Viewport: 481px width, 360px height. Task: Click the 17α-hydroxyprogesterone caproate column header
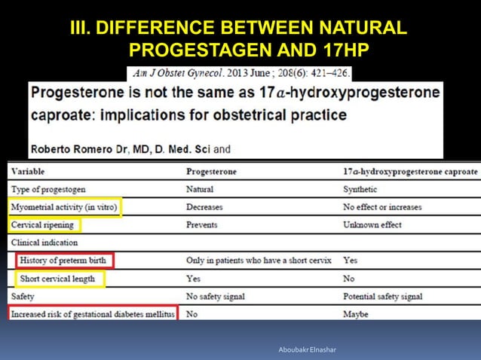[410, 171]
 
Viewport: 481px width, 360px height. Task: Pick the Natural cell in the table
[200, 189]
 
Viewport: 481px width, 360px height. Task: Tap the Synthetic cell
[360, 189]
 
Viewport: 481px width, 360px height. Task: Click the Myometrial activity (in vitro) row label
[64, 207]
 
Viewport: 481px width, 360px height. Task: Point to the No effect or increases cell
[382, 207]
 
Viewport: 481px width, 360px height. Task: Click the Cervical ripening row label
[44, 225]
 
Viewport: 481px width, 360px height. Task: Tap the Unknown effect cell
[372, 225]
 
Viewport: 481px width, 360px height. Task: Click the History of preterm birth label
[66, 261]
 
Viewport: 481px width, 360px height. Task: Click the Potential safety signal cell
[381, 297]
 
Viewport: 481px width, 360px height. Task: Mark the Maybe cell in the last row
[356, 314]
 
